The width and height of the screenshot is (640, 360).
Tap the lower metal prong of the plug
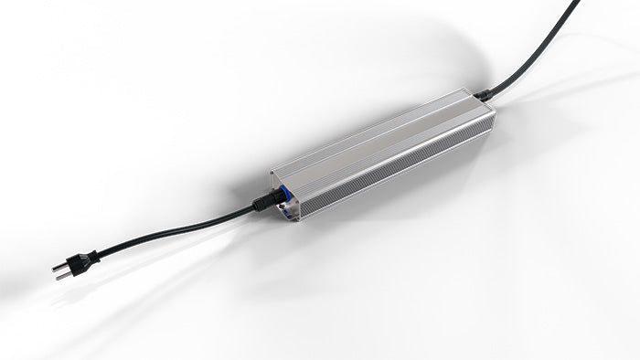pyautogui.click(x=65, y=274)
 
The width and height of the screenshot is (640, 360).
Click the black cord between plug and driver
pyautogui.click(x=174, y=227)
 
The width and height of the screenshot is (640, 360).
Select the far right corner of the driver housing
pyautogui.click(x=495, y=110)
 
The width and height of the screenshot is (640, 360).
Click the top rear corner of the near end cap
pyautogui.click(x=272, y=172)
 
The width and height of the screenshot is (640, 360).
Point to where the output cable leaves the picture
pyautogui.click(x=577, y=3)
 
